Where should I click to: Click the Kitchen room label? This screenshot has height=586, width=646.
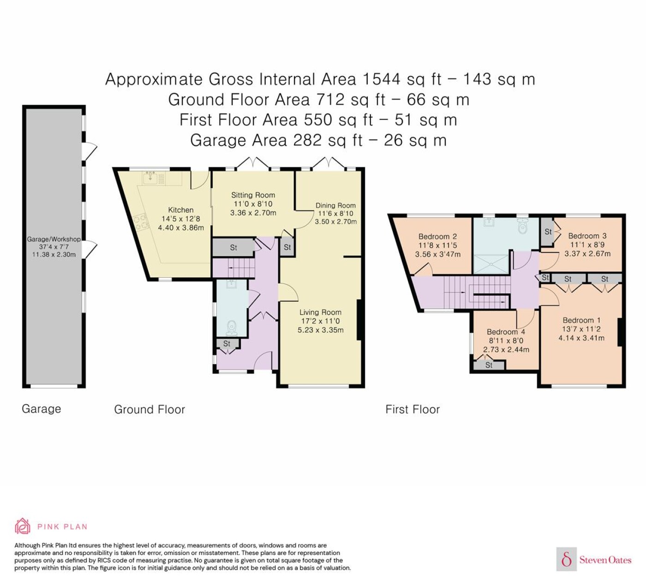point(181,210)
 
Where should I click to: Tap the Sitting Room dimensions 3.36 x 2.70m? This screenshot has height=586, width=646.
point(253,213)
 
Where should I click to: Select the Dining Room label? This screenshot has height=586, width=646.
point(335,205)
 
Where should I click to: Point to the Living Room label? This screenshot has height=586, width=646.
point(320,312)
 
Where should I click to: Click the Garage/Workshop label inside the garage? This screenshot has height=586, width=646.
point(54,239)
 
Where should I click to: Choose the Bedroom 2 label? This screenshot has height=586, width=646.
point(437,236)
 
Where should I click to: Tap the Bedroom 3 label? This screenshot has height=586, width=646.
point(587,236)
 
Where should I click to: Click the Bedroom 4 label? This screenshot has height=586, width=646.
point(506,332)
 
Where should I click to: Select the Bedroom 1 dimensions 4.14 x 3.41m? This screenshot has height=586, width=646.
point(581,338)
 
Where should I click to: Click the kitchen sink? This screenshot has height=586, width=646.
point(150,178)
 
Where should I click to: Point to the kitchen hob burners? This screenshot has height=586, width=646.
point(141,223)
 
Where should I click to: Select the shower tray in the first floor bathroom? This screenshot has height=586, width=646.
point(491,264)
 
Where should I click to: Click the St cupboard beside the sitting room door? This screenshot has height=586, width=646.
point(287,247)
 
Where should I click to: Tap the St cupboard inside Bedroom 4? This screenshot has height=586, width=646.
point(489,365)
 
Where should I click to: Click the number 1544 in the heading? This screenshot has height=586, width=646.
point(382,79)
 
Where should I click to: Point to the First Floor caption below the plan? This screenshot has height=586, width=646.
point(413,409)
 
